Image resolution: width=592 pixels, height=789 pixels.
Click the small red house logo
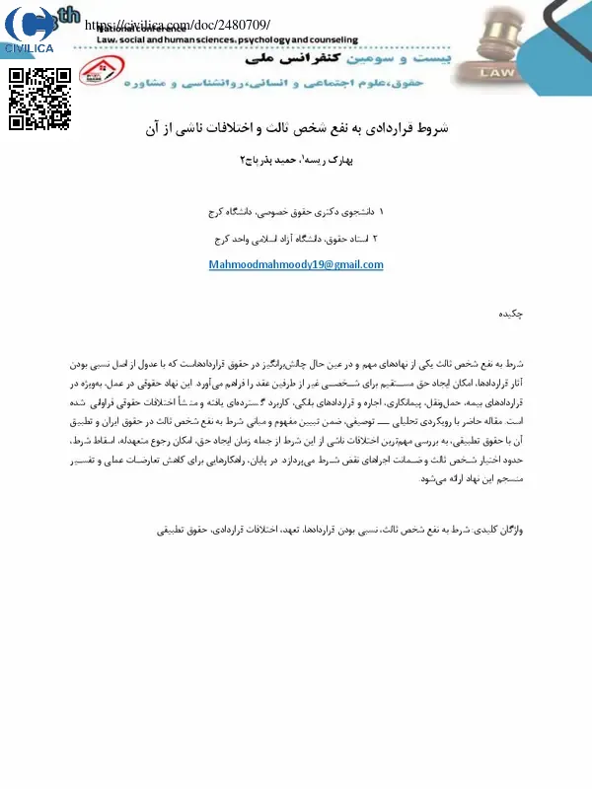[98, 67]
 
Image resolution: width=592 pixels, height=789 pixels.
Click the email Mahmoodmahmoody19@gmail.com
[296, 264]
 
